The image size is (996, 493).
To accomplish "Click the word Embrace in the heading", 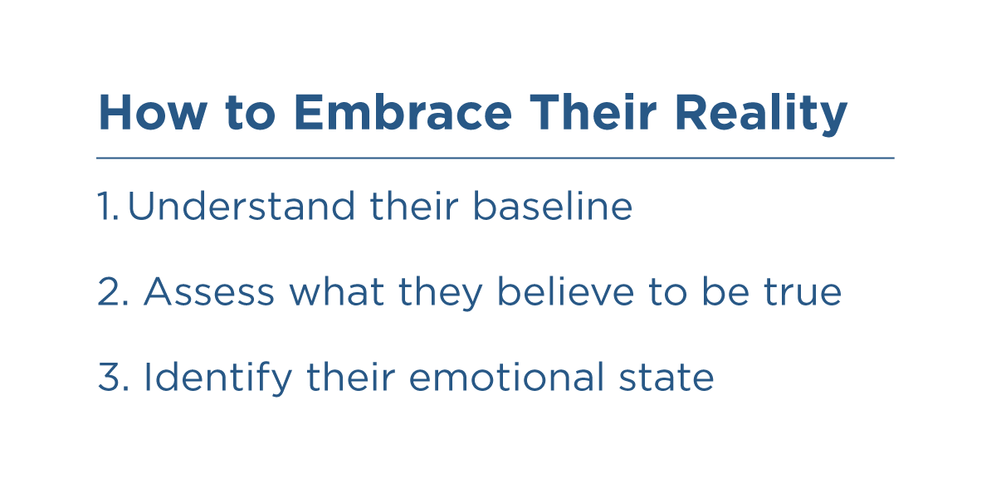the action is point(403,113).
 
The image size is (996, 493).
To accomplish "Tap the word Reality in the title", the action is point(761,114).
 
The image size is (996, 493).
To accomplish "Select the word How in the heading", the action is point(153,113).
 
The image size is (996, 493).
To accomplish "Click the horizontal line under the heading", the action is point(496,158).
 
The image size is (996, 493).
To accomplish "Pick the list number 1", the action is point(108,206).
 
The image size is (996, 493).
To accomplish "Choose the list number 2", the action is point(114,291).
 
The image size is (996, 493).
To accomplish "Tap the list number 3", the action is point(114,377).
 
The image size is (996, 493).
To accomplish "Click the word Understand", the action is point(242,205).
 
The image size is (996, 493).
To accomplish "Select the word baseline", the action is point(553,205).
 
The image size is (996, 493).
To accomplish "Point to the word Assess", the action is point(209,291).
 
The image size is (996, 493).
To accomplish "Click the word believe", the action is point(565,291).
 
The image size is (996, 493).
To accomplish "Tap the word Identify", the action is point(218,378).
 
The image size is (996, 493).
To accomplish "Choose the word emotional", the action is point(506,377).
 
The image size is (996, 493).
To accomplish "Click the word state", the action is point(666,378).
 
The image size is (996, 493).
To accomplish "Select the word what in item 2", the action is point(337,291).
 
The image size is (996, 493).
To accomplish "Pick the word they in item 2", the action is point(441,294).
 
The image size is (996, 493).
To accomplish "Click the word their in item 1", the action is point(414,205).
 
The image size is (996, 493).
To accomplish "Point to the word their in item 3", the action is point(351,377).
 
